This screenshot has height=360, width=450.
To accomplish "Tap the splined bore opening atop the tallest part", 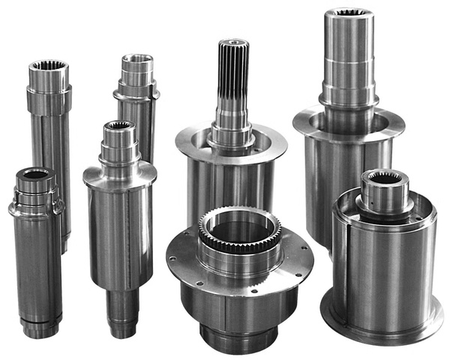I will (x=349, y=13).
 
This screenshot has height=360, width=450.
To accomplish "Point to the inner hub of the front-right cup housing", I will (x=383, y=193).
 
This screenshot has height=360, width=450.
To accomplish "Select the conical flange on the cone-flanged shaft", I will (x=120, y=175).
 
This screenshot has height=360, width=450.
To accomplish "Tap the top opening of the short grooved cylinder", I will (x=34, y=175).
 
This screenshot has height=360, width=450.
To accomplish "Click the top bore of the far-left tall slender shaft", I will (x=49, y=67).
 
